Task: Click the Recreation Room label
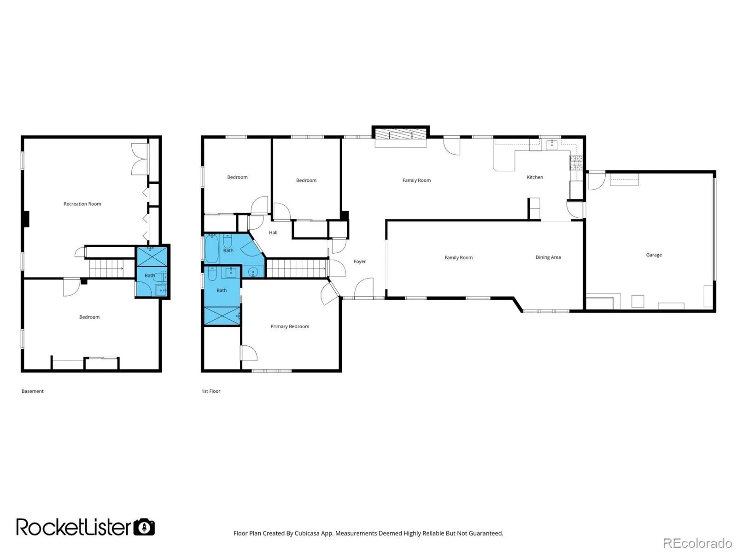click(x=82, y=203)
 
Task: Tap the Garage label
click(x=654, y=255)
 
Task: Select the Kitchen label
click(x=534, y=177)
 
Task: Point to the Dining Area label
click(x=548, y=257)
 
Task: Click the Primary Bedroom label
click(x=290, y=326)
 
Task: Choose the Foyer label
click(x=360, y=261)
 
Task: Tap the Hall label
click(x=273, y=232)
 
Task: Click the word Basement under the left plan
click(x=33, y=391)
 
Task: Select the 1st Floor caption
click(x=211, y=391)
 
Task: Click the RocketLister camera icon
click(x=144, y=527)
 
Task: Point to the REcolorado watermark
click(x=697, y=543)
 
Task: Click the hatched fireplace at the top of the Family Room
click(x=400, y=134)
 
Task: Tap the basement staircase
click(x=106, y=268)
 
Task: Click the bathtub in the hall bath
click(x=212, y=249)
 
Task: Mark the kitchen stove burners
click(x=576, y=163)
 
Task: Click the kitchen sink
click(x=552, y=145)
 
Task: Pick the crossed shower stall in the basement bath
click(x=152, y=257)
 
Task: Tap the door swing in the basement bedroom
click(x=71, y=287)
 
